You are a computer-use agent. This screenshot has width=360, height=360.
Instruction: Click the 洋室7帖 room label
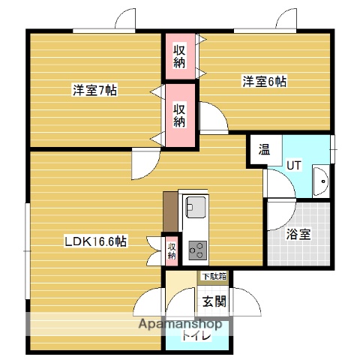[x=94, y=91]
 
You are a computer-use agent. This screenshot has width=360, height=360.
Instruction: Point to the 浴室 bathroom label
[x=299, y=233]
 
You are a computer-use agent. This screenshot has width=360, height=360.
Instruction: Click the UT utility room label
[x=294, y=164]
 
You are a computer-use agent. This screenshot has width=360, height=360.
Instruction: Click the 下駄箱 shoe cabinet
[x=213, y=276]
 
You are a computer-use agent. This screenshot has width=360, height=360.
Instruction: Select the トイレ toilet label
[x=196, y=337]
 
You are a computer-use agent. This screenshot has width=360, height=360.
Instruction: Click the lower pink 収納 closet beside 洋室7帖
[x=180, y=113]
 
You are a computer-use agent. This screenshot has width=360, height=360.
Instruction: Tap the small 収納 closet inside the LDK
[x=171, y=250]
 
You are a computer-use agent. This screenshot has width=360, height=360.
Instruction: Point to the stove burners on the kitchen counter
[x=199, y=247]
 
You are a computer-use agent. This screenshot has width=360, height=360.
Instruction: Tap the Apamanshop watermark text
[x=178, y=325]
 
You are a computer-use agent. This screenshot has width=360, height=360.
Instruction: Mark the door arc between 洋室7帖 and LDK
[x=144, y=165]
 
